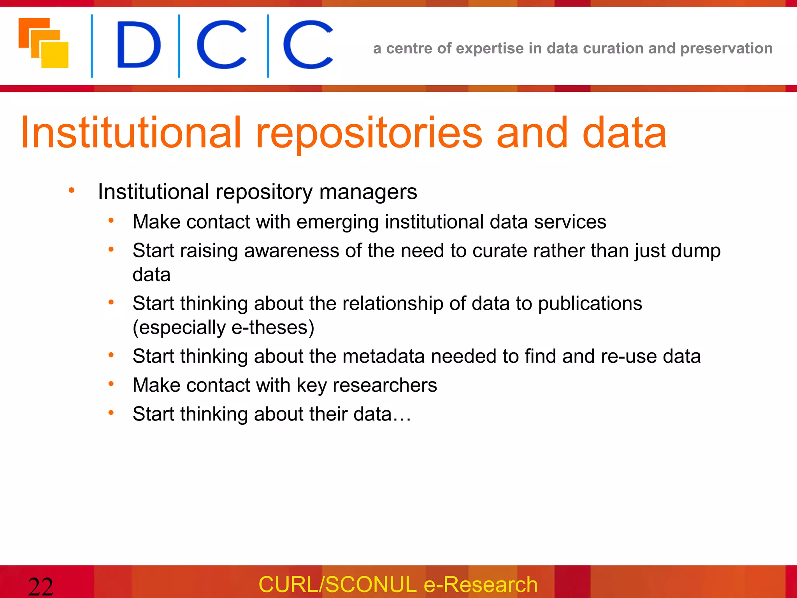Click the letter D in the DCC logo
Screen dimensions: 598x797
pos(139,45)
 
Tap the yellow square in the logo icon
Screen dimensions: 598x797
pos(55,55)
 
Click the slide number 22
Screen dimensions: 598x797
pos(40,586)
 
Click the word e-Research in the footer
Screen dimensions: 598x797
pos(480,584)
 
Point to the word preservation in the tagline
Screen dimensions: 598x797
pos(726,48)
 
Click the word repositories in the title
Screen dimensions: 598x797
pos(369,134)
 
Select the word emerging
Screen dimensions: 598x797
pos(337,222)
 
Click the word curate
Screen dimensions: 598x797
pos(499,251)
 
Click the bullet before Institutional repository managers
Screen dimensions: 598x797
pos(72,190)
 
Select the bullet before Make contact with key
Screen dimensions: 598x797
pos(111,384)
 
